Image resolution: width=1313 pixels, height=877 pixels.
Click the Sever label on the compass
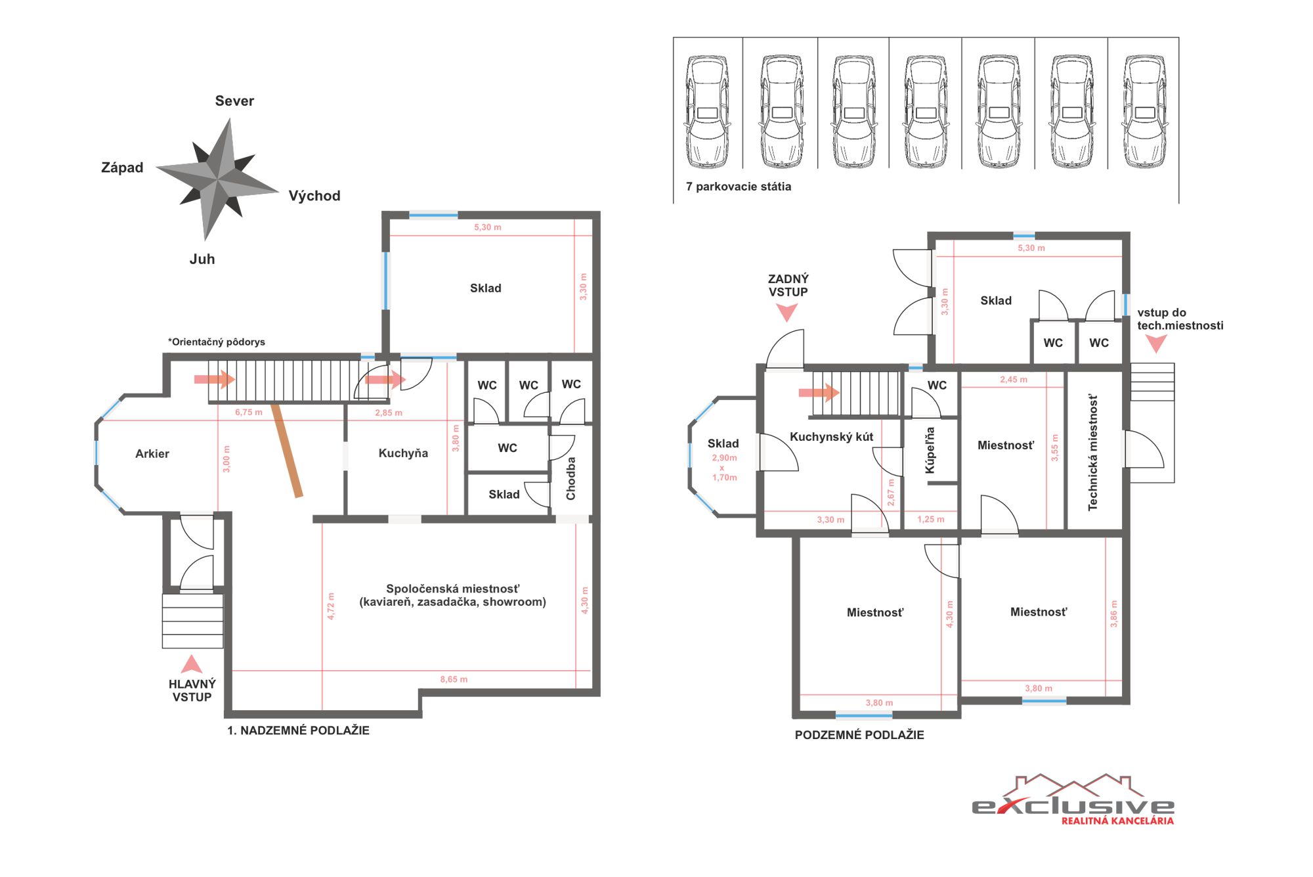[234, 101]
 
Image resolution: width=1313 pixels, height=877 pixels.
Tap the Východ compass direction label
[314, 196]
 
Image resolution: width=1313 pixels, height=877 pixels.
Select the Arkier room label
[152, 453]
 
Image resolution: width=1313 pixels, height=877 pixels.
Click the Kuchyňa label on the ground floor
[403, 453]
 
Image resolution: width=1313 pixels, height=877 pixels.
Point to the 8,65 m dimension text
[454, 679]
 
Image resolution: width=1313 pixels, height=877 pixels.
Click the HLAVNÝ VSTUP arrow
[192, 663]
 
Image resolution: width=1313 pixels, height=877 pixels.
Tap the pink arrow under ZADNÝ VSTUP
[787, 311]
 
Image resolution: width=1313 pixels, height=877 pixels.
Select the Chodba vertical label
[570, 478]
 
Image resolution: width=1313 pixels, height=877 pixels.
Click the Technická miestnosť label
[1092, 452]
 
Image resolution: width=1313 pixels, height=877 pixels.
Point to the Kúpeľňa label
[930, 450]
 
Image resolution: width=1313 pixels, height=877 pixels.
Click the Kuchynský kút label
[831, 437]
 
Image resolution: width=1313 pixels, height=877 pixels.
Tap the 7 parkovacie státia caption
[739, 187]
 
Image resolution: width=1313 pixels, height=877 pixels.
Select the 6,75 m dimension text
[249, 413]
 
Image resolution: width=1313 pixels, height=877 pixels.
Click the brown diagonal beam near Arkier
[288, 451]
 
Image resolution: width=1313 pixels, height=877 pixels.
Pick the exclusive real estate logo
[1073, 799]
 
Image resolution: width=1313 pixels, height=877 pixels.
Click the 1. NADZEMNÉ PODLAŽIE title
[298, 731]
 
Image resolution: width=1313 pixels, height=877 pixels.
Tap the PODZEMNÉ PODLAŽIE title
[859, 735]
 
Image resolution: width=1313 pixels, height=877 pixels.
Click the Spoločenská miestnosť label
[452, 589]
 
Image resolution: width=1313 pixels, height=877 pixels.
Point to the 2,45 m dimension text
[1014, 380]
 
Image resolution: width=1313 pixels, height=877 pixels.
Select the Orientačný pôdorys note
[217, 342]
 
